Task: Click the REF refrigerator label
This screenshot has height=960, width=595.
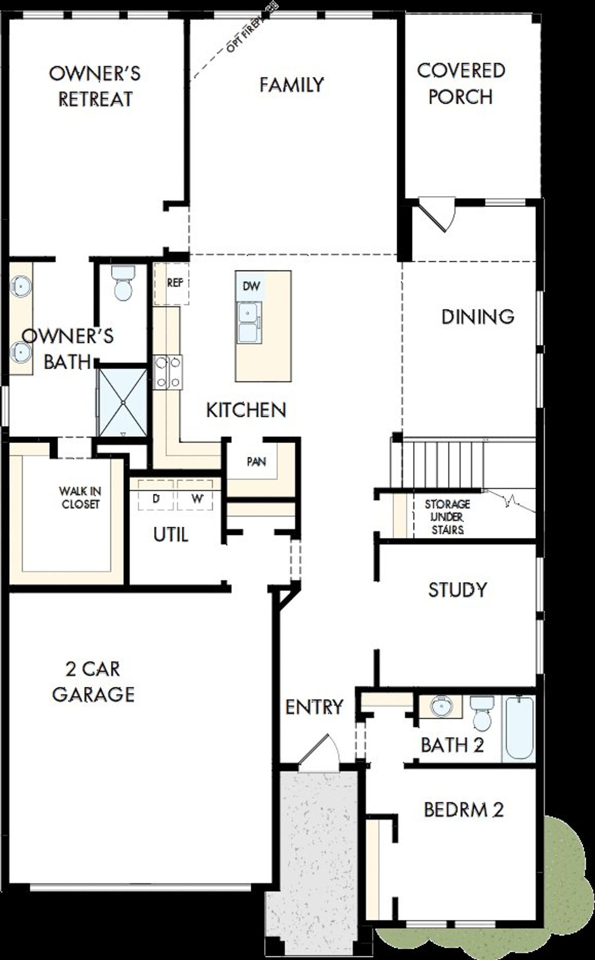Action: (175, 282)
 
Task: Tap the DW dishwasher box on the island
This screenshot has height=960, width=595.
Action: (251, 286)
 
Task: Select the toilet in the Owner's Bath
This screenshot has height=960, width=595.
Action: (123, 283)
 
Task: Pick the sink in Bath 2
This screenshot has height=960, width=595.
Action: (441, 707)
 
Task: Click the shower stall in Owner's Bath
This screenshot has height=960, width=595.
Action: (123, 402)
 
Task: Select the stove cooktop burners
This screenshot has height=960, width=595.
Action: (168, 372)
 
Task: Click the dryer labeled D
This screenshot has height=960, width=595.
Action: (156, 499)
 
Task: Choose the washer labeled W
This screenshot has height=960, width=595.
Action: (197, 499)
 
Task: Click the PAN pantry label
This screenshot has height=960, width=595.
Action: (256, 462)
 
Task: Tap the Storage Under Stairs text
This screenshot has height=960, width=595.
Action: (447, 516)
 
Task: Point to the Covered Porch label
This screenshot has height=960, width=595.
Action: (461, 84)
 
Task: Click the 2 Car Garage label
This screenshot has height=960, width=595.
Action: (93, 681)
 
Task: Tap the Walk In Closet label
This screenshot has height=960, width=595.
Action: (80, 497)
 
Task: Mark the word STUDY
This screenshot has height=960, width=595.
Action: (457, 589)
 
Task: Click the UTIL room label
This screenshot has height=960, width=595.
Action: (171, 535)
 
